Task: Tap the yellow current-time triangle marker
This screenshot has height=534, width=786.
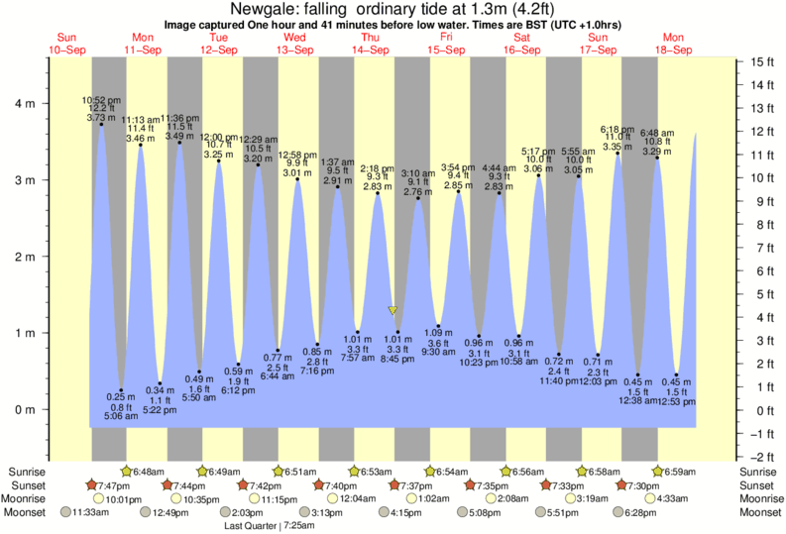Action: pyautogui.click(x=393, y=310)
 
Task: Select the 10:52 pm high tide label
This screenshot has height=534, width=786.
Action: pyautogui.click(x=100, y=99)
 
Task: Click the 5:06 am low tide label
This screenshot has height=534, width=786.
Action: pyautogui.click(x=121, y=417)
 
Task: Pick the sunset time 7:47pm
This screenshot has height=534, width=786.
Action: pyautogui.click(x=117, y=485)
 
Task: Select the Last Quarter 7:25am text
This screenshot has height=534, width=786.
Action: pyautogui.click(x=273, y=526)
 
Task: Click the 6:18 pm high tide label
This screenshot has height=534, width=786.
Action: pyautogui.click(x=618, y=129)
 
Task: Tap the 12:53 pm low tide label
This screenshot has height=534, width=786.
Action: pyautogui.click(x=676, y=403)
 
